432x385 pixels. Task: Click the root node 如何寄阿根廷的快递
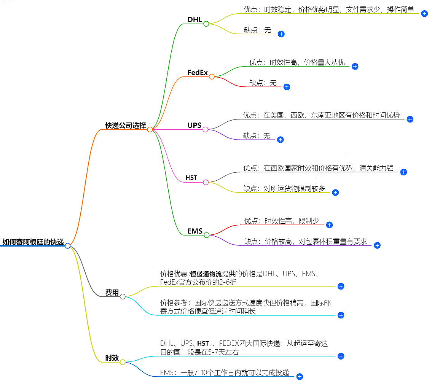33,242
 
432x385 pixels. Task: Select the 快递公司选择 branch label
126,126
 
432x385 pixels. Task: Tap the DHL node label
194,20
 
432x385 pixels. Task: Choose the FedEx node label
198,72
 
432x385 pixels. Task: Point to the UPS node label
194,126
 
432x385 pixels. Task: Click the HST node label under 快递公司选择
191,178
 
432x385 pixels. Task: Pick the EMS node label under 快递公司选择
195,231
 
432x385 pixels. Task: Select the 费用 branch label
112,293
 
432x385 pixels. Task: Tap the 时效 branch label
112,358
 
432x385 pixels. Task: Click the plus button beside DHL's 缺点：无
281,34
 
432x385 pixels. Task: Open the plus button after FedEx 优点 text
355,66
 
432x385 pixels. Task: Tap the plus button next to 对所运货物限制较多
335,192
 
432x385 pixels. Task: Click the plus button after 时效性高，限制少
330,225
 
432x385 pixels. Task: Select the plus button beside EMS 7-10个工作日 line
300,377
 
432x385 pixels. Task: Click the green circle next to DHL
206,24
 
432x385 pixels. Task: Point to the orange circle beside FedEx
212,76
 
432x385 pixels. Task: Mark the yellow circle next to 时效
123,362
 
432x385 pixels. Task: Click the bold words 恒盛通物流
206,274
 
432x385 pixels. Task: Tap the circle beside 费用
123,296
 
